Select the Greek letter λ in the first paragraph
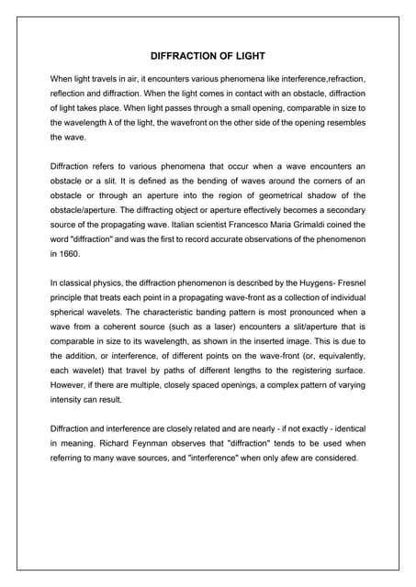pos(113,121)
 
